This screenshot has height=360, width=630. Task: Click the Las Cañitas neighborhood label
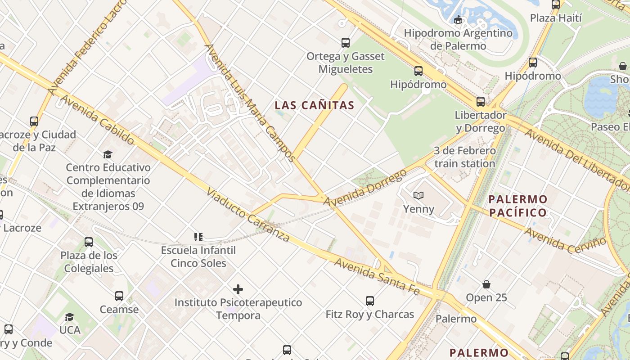(x=315, y=105)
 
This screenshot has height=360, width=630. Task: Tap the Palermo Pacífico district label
(x=518, y=206)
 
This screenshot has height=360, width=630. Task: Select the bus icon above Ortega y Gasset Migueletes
(x=345, y=43)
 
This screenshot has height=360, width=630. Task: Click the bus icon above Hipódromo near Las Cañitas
(x=418, y=71)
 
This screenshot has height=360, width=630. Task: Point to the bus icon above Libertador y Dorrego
(x=481, y=101)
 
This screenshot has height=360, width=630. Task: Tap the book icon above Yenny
(x=418, y=195)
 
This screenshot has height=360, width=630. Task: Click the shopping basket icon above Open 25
(x=486, y=284)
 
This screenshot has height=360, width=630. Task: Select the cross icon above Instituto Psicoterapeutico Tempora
(x=238, y=289)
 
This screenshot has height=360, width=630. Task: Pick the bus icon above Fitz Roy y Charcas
(x=370, y=301)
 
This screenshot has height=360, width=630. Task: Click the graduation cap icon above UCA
(x=69, y=317)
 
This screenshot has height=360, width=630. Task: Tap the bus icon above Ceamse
(x=119, y=296)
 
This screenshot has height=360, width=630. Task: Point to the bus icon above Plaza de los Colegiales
(x=89, y=242)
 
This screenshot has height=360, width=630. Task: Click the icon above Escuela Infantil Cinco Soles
(x=198, y=237)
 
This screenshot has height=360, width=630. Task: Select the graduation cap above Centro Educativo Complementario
(x=108, y=154)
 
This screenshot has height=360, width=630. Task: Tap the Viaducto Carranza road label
(x=247, y=215)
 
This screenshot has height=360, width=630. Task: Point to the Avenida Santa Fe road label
(x=377, y=276)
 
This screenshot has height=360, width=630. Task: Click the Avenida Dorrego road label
(x=365, y=189)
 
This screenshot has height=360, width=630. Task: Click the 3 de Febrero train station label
(x=464, y=157)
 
